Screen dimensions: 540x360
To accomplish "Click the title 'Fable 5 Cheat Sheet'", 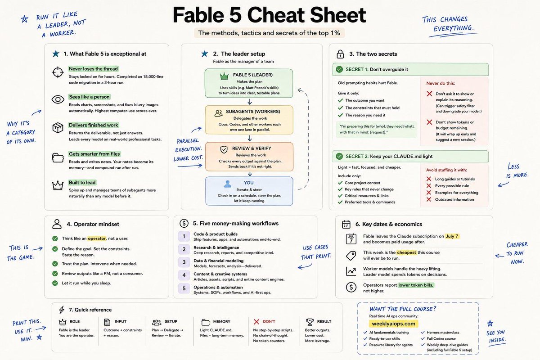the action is pyautogui.click(x=269, y=15).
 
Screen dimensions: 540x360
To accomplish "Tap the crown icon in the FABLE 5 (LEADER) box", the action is pyautogui.click(x=224, y=76).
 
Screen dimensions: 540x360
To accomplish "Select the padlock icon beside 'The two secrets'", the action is pyautogui.click(x=340, y=54).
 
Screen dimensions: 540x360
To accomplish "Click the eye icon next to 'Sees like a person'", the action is pyautogui.click(x=58, y=99).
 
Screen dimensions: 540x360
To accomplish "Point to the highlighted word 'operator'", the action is pyautogui.click(x=97, y=238).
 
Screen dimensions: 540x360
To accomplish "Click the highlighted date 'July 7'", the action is pyautogui.click(x=452, y=236).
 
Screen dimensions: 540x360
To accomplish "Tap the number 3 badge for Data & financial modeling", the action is pyautogui.click(x=184, y=262).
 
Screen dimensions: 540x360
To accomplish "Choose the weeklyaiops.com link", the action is pyautogui.click(x=393, y=324).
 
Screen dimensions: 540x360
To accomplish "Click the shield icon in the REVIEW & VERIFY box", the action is pyautogui.click(x=224, y=149).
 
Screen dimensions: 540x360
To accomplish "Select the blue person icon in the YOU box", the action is pyautogui.click(x=227, y=184).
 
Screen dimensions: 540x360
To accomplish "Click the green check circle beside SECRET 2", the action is pyautogui.click(x=339, y=156).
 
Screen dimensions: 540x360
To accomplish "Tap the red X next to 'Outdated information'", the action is pyautogui.click(x=428, y=199).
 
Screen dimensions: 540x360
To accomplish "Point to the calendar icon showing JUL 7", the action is pyautogui.click(x=351, y=239).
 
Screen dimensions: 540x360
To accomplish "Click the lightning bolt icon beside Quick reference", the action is pyautogui.click(x=62, y=310).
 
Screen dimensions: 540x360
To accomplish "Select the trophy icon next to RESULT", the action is pyautogui.click(x=310, y=322).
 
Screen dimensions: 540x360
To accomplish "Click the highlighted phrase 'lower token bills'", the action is pyautogui.click(x=416, y=285).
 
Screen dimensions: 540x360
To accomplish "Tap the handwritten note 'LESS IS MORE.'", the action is pyautogui.click(x=517, y=171).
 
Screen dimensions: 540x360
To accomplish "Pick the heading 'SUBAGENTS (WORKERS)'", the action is pyautogui.click(x=253, y=112).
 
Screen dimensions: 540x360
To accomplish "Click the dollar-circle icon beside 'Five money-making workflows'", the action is pyautogui.click(x=184, y=224).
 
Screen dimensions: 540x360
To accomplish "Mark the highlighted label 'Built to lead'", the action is pyautogui.click(x=82, y=183).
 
